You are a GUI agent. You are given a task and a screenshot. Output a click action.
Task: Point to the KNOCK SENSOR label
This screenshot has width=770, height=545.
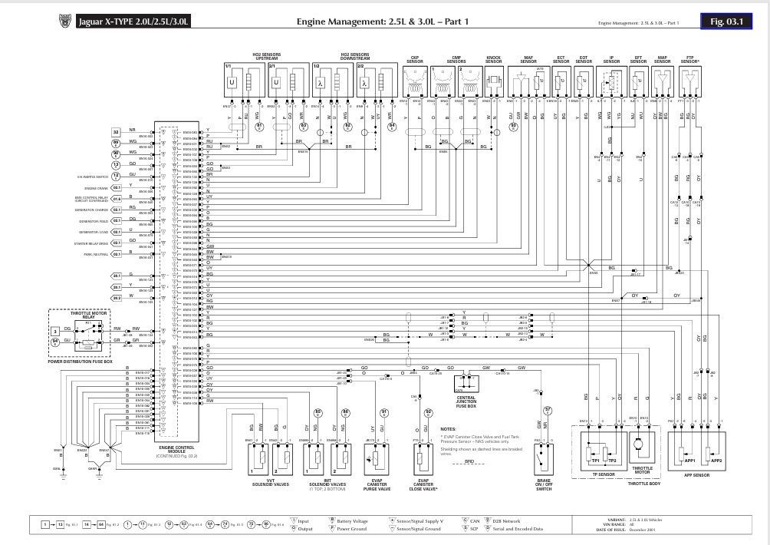[495, 58]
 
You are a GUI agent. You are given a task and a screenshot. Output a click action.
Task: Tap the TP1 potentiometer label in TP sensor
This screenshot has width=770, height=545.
[594, 460]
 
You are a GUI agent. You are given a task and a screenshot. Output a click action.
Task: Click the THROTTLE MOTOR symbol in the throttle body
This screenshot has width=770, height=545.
[639, 447]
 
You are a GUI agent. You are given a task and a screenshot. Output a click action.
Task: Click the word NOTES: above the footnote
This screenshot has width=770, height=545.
[449, 429]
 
